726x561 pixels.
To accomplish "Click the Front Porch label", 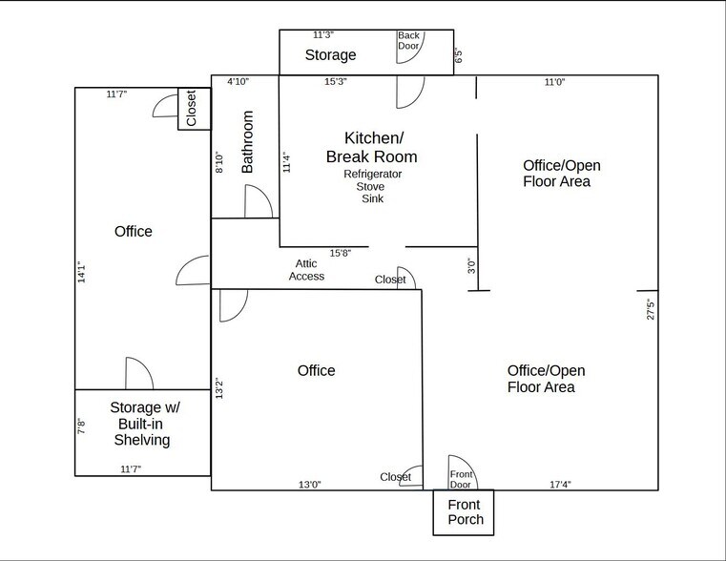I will click(466, 511).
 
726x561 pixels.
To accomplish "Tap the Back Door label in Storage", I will click(408, 40).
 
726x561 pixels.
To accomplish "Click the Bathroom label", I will click(248, 141).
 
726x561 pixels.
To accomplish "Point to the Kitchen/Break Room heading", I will click(371, 147).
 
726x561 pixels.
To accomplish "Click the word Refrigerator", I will click(372, 175).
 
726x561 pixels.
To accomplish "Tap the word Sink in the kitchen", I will click(372, 199).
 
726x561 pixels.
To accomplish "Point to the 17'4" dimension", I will click(560, 485).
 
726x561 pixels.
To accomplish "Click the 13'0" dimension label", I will click(309, 485).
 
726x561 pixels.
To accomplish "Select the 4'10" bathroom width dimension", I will click(238, 82).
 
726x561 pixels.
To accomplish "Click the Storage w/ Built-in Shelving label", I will click(145, 424).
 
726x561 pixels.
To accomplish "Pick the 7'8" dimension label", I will click(82, 426).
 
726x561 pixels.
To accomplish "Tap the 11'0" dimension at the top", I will click(554, 82).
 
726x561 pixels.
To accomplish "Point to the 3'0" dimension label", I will click(469, 267).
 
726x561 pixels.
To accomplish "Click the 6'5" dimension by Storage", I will click(459, 55).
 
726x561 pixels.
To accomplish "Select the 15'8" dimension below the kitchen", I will click(341, 253).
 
